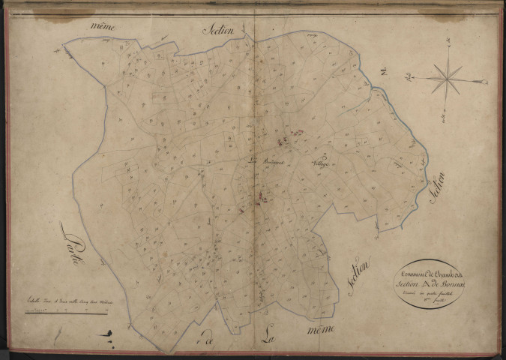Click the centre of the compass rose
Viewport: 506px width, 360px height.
[448, 77]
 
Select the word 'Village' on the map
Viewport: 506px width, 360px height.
[318, 163]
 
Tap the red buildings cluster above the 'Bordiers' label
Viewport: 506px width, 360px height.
[284, 141]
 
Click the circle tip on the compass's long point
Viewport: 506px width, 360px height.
[409, 75]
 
